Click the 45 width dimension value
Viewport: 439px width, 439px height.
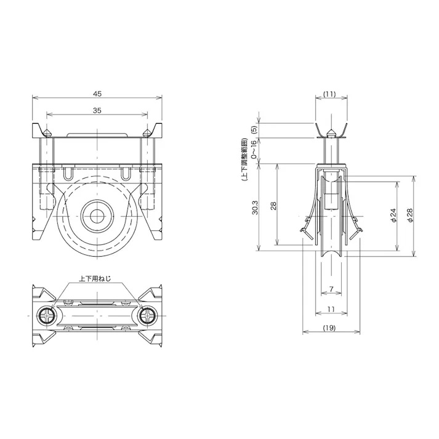(97, 94)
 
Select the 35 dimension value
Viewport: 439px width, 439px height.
(97, 111)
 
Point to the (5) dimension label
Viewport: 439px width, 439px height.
(254, 130)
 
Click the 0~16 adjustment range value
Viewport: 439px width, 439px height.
(254, 150)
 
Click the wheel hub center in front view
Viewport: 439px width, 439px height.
(97, 215)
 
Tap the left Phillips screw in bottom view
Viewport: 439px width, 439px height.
(48, 316)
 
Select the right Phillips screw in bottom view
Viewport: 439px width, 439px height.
(147, 316)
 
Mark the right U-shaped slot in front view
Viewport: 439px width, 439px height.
(126, 174)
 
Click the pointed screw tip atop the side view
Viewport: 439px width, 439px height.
(331, 131)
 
